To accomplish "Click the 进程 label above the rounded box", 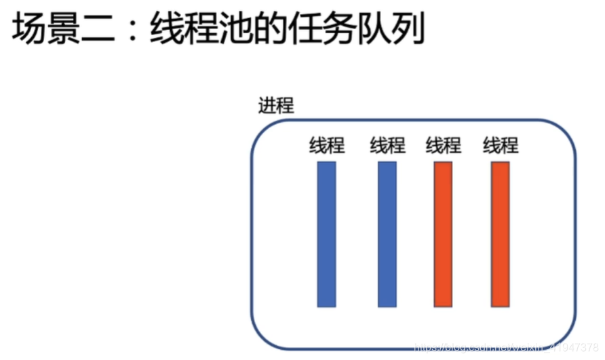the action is point(276,106).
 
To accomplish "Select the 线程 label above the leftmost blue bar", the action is point(327,145).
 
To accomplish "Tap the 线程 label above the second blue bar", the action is point(387,145).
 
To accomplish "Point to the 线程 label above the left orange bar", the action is point(444,145).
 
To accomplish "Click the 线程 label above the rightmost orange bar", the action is point(501,145).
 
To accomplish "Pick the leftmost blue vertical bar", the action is point(326,233).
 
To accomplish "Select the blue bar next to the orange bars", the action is point(387,233).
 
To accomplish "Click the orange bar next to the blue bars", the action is point(443,233).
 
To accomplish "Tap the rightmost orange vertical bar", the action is point(501,233).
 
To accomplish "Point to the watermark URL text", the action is point(505,347).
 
